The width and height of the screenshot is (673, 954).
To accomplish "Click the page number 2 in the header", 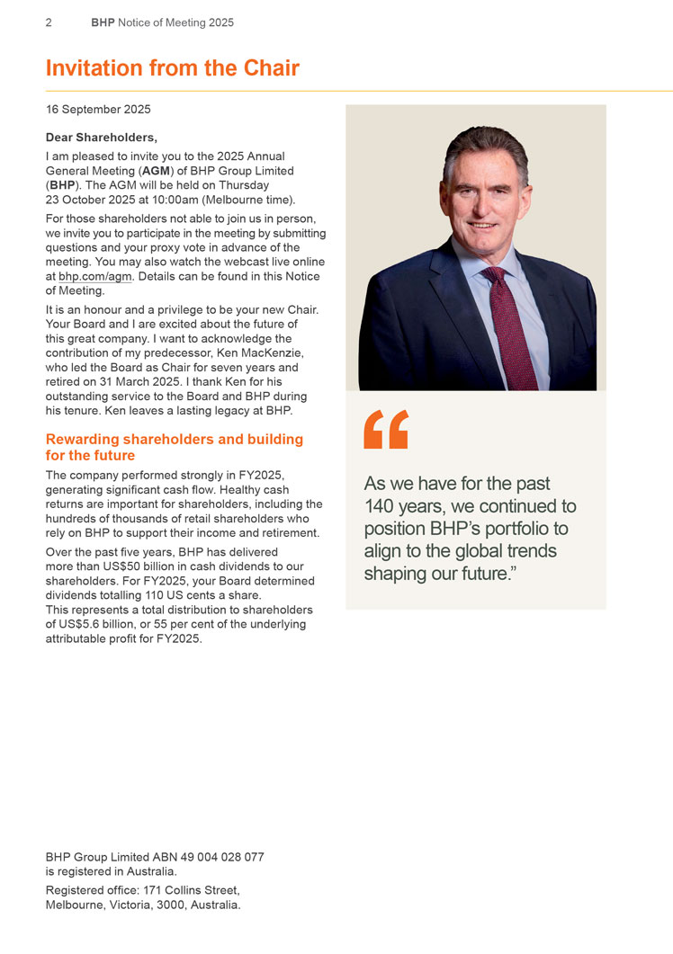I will tap(49, 22).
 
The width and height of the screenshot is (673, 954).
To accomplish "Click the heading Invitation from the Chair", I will tap(172, 68).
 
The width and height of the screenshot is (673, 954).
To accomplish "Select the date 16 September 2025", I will tap(98, 110).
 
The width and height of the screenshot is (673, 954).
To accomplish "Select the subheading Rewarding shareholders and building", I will tap(174, 440).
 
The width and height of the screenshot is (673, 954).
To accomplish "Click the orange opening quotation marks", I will tap(386, 429).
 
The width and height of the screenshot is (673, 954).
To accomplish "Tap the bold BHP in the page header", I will tap(103, 22).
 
